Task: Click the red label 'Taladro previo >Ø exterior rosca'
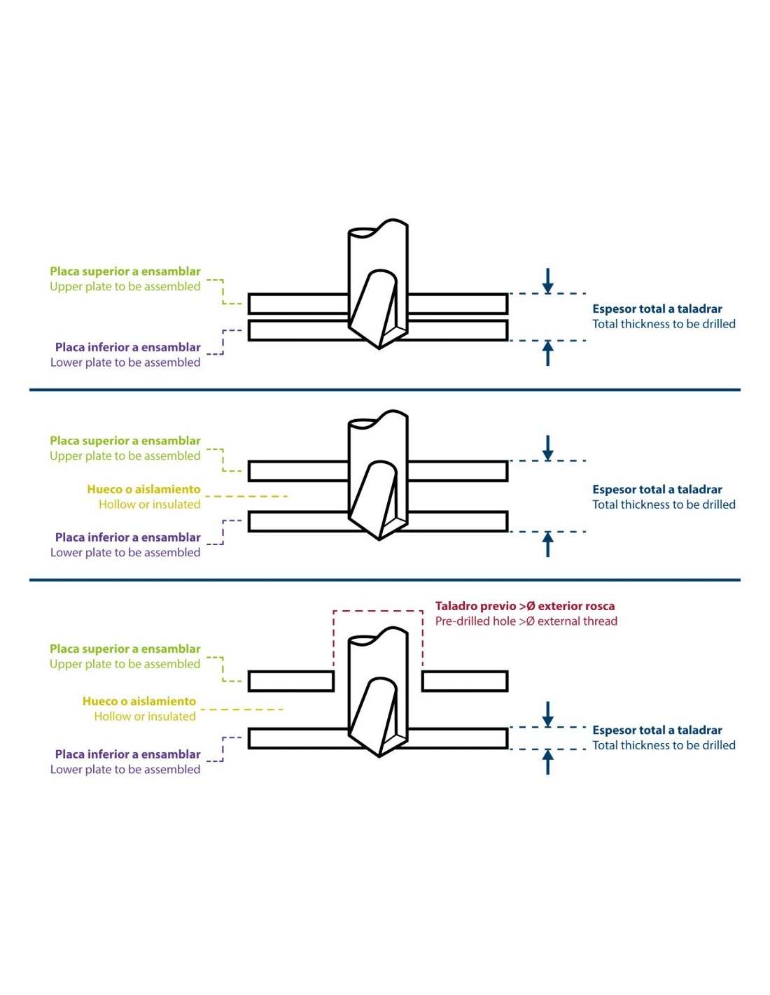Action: pos(524,606)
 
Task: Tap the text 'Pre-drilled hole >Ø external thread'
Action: pos(526,621)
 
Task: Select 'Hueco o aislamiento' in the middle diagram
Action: pos(143,489)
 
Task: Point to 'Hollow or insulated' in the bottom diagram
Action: pos(145,716)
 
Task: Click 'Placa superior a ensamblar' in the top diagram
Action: pos(125,271)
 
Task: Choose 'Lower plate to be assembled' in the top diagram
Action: pos(125,362)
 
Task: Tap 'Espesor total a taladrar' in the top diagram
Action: pos(657,309)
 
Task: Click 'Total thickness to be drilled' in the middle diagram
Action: pos(664,504)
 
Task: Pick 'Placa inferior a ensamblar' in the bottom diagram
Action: pos(128,754)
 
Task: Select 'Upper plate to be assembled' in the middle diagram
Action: pos(125,456)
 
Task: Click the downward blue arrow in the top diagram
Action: pos(547,281)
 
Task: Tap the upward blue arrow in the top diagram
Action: pos(547,353)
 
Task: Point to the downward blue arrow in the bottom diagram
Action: pos(547,714)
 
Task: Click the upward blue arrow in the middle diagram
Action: pos(547,544)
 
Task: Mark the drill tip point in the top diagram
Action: pos(379,348)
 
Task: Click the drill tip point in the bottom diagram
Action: pos(379,757)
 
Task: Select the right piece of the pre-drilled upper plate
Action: pos(465,681)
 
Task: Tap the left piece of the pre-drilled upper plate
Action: pos(291,681)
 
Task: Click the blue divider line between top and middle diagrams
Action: pos(385,390)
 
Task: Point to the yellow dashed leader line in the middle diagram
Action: pos(246,496)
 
